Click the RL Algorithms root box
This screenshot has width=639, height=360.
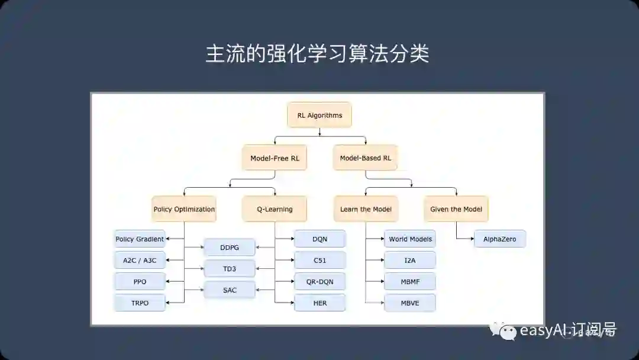319,115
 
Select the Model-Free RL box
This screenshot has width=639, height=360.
275,158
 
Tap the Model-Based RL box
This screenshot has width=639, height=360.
365,158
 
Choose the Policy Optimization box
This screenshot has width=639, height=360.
184,209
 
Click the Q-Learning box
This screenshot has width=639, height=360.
275,209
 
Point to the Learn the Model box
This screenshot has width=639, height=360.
365,209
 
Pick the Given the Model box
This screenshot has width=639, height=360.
456,209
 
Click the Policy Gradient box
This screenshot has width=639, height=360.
140,239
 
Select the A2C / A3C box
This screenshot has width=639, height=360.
140,260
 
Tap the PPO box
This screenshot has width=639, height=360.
140,281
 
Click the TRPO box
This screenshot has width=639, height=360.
140,303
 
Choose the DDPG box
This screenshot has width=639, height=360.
230,247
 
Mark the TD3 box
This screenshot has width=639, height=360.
230,268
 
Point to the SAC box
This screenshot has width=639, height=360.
230,290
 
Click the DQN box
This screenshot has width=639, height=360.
319,239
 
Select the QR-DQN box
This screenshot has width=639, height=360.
319,281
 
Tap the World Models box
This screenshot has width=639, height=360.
410,239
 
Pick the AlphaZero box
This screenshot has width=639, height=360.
500,239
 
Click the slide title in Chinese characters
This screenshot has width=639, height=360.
317,54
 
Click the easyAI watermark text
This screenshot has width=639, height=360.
567,330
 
